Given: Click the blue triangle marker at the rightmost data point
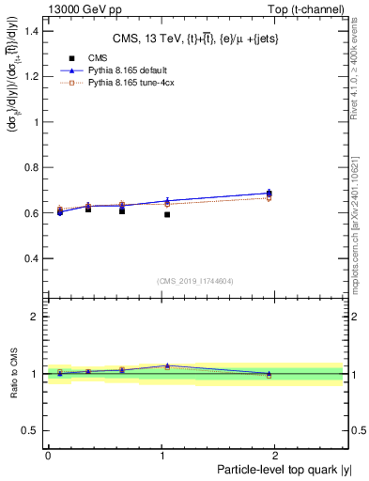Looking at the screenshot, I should pyautogui.click(x=269, y=193).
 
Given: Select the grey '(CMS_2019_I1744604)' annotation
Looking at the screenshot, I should pyautogui.click(x=194, y=281).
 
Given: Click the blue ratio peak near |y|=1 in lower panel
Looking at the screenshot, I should pyautogui.click(x=167, y=365).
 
